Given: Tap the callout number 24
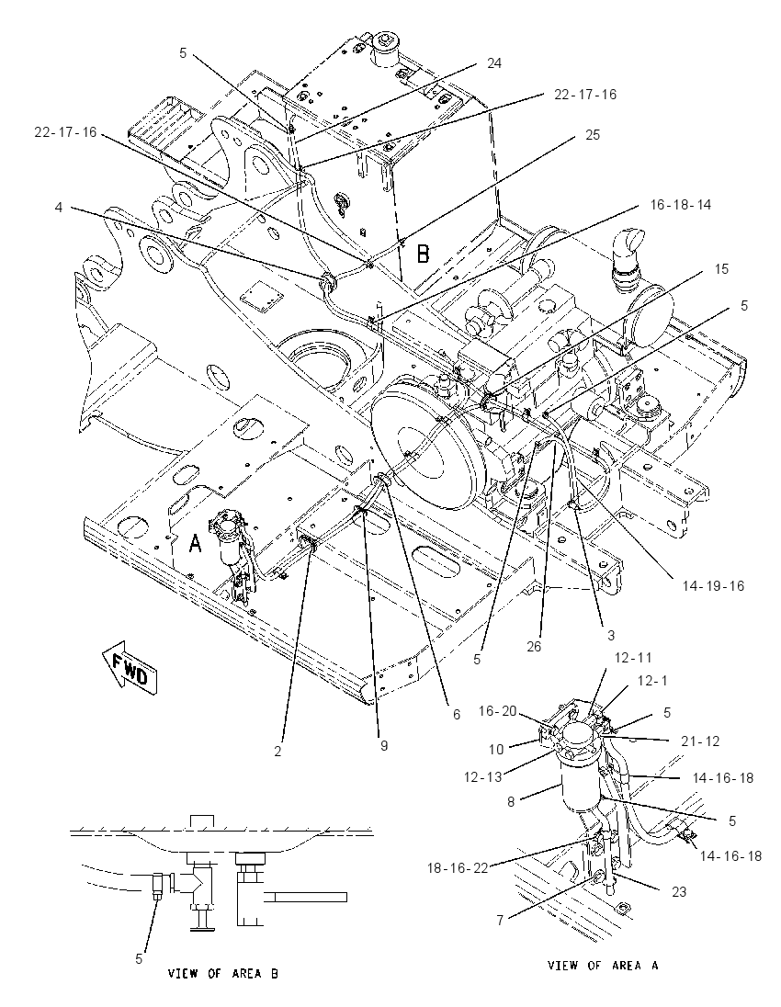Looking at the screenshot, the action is point(494,62).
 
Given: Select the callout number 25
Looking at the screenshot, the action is point(592,135).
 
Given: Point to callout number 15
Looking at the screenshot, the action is point(721,268).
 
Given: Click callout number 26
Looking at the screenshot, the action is point(535,647).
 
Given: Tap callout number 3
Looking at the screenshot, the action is point(611,635).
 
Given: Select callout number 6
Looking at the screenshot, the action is point(457,714).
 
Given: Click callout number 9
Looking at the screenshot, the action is point(383,746).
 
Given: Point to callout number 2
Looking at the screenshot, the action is point(277,752).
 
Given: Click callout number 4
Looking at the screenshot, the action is point(59,208).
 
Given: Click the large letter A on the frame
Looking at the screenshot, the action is point(195,544).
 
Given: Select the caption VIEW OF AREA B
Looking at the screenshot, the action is point(223,974).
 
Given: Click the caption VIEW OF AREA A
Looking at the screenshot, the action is point(603,966).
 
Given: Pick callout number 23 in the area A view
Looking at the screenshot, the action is point(679,891).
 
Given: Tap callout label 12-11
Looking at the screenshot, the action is point(633,658).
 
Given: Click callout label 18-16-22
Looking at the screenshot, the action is point(458,868).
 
